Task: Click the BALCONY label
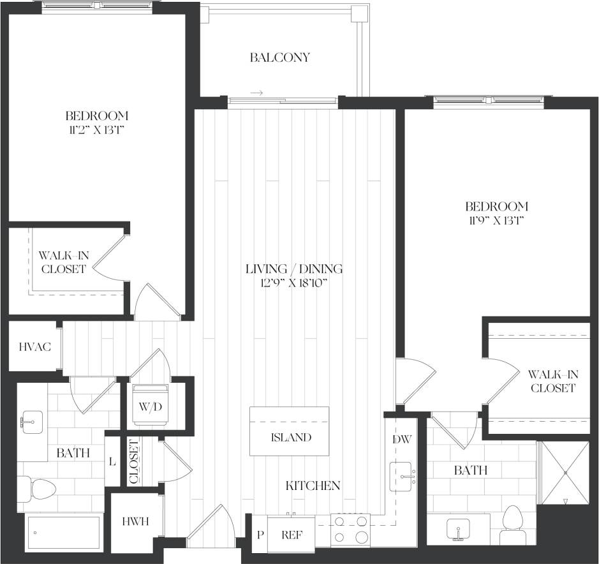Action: coord(279,57)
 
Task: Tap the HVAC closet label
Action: coord(30,347)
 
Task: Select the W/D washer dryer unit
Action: coord(151,405)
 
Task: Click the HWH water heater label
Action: coord(135,521)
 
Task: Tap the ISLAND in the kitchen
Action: coord(290,438)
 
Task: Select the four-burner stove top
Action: coord(350,530)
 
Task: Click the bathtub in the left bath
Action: coord(63,531)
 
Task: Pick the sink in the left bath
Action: coord(30,422)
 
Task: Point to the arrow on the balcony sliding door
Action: coord(256,93)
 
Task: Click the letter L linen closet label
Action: coord(112,461)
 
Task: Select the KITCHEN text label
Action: coord(313,486)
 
